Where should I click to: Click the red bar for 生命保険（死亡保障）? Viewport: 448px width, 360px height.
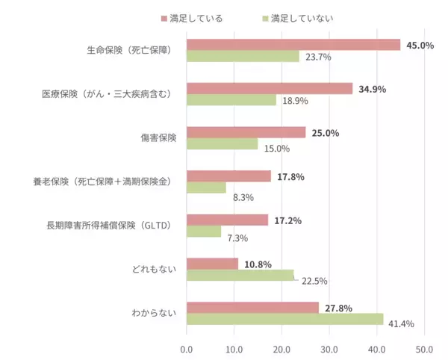(x=293, y=45)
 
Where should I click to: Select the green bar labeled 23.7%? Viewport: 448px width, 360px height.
(x=243, y=56)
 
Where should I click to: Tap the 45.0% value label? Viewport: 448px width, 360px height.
(x=420, y=46)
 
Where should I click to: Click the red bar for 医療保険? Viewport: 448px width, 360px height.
(x=269, y=89)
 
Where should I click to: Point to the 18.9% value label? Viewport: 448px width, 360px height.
(x=294, y=101)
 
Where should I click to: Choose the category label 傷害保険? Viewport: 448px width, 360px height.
(x=155, y=138)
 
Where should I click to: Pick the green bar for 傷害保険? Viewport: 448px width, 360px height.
(x=222, y=144)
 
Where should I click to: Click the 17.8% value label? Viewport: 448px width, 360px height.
(x=291, y=177)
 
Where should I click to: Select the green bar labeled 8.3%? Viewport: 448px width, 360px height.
(x=206, y=187)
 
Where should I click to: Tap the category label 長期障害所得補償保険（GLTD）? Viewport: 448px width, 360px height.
(x=110, y=226)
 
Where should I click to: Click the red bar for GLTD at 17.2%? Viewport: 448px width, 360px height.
(x=227, y=220)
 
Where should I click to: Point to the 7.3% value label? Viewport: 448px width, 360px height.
(x=237, y=238)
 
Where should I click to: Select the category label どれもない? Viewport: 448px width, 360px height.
(x=155, y=270)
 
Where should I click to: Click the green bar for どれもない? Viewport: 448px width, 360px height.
(x=240, y=275)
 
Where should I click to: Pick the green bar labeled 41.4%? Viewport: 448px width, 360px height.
(x=284, y=319)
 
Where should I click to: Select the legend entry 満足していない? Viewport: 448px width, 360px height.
(x=303, y=17)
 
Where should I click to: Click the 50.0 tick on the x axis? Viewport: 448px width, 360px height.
(x=424, y=348)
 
